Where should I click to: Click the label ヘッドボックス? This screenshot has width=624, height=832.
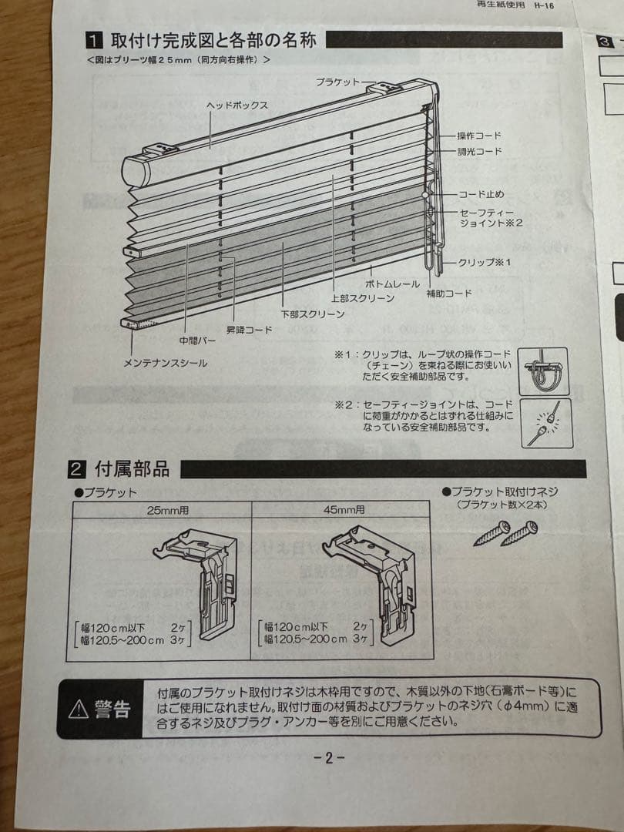pos(237,106)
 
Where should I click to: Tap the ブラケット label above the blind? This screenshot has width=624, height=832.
pos(337,82)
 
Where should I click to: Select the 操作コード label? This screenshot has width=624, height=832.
pos(479,136)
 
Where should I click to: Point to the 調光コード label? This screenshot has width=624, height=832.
pos(480,151)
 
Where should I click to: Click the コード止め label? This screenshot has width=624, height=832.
pos(481,194)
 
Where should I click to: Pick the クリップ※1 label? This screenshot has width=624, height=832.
pos(485,262)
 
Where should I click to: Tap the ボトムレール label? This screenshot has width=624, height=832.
pos(392,283)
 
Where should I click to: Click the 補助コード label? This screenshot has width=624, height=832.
pos(449,293)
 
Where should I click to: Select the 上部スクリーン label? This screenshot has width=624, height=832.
pos(363,298)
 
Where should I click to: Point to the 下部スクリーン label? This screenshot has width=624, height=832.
pos(313,314)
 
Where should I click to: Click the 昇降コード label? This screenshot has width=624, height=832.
pos(249,330)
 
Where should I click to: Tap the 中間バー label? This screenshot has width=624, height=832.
pos(197,341)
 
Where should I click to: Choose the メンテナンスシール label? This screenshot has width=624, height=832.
pos(165,364)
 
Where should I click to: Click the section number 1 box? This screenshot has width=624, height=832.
pos(94,40)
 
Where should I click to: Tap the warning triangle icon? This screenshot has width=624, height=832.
pos(79,709)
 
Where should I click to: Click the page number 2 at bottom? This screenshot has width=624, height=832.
pos(328,758)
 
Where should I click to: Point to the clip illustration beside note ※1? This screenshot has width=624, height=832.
pos(543,371)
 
